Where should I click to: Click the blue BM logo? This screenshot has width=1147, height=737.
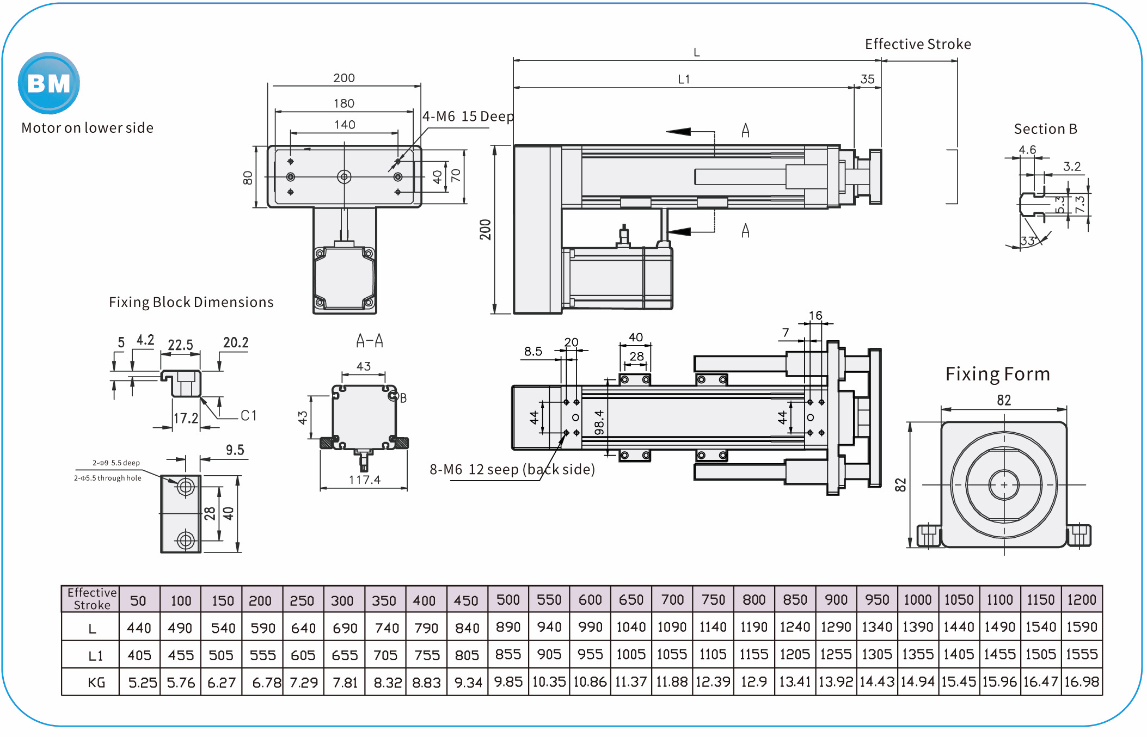pyautogui.click(x=49, y=83)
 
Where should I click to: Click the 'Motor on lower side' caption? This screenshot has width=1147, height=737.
pyautogui.click(x=87, y=128)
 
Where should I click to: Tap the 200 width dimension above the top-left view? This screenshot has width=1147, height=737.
pyautogui.click(x=344, y=78)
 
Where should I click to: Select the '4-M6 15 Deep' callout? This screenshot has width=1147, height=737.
pyautogui.click(x=468, y=116)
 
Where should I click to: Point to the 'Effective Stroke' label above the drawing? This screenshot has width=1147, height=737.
pyautogui.click(x=918, y=44)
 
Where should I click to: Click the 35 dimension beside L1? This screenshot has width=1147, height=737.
pyautogui.click(x=867, y=79)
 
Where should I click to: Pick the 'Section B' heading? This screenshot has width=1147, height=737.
pyautogui.click(x=1045, y=129)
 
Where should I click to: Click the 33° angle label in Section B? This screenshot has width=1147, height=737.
pyautogui.click(x=1028, y=241)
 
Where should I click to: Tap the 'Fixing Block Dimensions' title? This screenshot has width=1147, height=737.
pyautogui.click(x=191, y=302)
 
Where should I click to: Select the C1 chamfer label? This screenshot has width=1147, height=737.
pyautogui.click(x=249, y=416)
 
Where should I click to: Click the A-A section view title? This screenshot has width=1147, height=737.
pyautogui.click(x=370, y=341)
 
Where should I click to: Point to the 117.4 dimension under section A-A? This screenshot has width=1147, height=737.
pyautogui.click(x=365, y=480)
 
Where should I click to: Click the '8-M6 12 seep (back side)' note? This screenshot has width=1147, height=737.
pyautogui.click(x=512, y=469)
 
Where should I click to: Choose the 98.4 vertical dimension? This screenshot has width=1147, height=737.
pyautogui.click(x=599, y=422)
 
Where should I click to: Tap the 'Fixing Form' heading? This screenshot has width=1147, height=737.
pyautogui.click(x=997, y=374)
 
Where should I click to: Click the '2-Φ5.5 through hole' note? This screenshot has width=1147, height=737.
pyautogui.click(x=108, y=478)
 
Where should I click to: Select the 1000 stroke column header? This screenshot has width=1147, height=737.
pyautogui.click(x=918, y=600)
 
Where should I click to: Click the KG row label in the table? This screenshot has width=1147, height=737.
pyautogui.click(x=96, y=683)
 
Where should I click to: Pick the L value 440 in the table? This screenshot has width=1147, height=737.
pyautogui.click(x=139, y=628)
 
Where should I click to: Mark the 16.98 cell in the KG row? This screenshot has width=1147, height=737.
pyautogui.click(x=1082, y=682)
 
